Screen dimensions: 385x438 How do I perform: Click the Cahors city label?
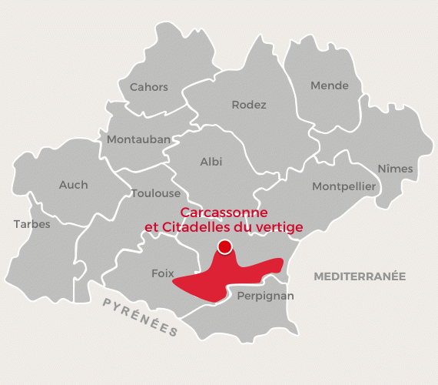click(x=149, y=87)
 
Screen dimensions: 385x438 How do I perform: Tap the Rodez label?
click(x=249, y=105)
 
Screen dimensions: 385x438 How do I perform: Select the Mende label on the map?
click(x=330, y=85)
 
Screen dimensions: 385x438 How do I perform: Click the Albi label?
click(x=211, y=162)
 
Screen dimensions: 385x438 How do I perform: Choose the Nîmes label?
click(x=396, y=169)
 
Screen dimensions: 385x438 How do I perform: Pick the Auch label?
click(x=74, y=185)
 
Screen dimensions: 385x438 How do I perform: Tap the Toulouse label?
click(x=156, y=193)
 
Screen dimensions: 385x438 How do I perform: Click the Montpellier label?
click(x=343, y=186)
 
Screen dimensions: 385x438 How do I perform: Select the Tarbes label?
click(x=32, y=224)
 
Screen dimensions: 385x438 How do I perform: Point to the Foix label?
click(x=163, y=273)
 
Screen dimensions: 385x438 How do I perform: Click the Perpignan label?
click(x=266, y=296)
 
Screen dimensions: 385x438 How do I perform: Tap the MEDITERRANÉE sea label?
click(x=360, y=276)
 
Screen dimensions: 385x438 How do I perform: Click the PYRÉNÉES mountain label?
click(x=141, y=317)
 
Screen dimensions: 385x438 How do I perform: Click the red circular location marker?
click(x=224, y=247)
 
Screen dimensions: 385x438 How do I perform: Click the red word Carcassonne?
click(x=224, y=212)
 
